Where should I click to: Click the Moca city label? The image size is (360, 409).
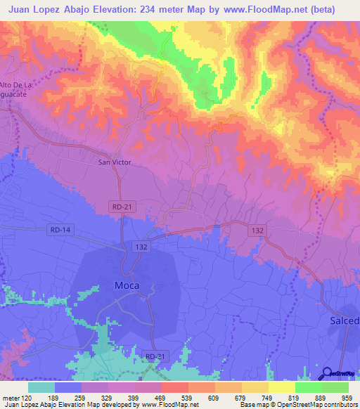click(127, 285)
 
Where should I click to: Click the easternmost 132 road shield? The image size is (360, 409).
click(258, 230)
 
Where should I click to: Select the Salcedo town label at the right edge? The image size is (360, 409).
click(345, 320)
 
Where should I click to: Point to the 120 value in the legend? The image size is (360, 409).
click(28, 397)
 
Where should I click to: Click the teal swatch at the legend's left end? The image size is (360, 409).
click(41, 387)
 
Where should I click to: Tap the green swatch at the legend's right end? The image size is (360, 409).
click(335, 387)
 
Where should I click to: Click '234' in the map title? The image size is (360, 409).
click(155, 10)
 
